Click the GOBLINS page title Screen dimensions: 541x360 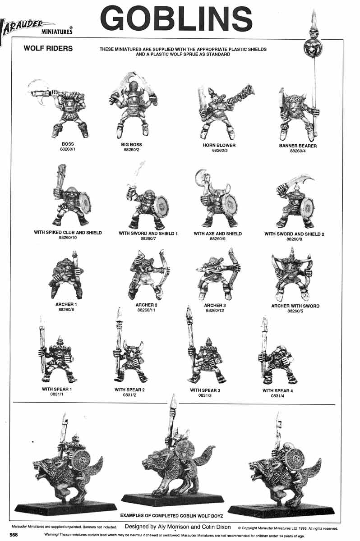[176, 20]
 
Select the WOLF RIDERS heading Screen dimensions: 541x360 [48, 49]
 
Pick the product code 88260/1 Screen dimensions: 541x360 [68, 149]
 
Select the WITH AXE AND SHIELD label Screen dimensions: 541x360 [217, 234]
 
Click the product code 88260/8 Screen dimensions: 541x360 [294, 239]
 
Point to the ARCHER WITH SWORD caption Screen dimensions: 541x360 [295, 306]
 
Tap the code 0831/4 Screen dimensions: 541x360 [277, 396]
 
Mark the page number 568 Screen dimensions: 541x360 [14, 535]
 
